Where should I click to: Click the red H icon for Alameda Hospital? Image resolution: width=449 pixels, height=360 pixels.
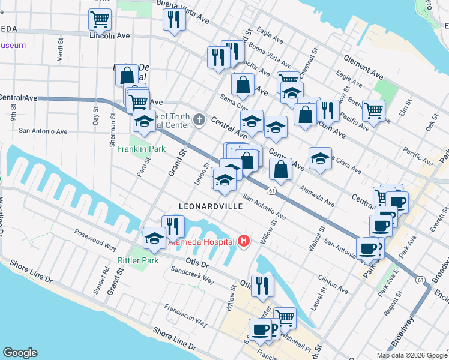point(244,241)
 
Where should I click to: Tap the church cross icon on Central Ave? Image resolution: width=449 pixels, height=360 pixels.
point(200,121)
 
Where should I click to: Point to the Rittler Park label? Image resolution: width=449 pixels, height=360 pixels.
point(138,260)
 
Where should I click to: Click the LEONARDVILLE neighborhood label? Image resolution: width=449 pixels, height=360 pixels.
point(211,206)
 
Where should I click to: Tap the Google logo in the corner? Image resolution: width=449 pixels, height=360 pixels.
point(19,353)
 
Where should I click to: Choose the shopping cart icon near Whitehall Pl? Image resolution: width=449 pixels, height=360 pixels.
point(285,318)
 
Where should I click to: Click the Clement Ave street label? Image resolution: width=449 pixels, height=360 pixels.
point(363,67)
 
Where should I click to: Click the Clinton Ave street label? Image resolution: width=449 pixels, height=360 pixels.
point(333,286)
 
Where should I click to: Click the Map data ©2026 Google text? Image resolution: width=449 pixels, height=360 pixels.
point(411,355)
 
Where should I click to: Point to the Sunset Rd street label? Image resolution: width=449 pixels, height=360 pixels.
point(106,278)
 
